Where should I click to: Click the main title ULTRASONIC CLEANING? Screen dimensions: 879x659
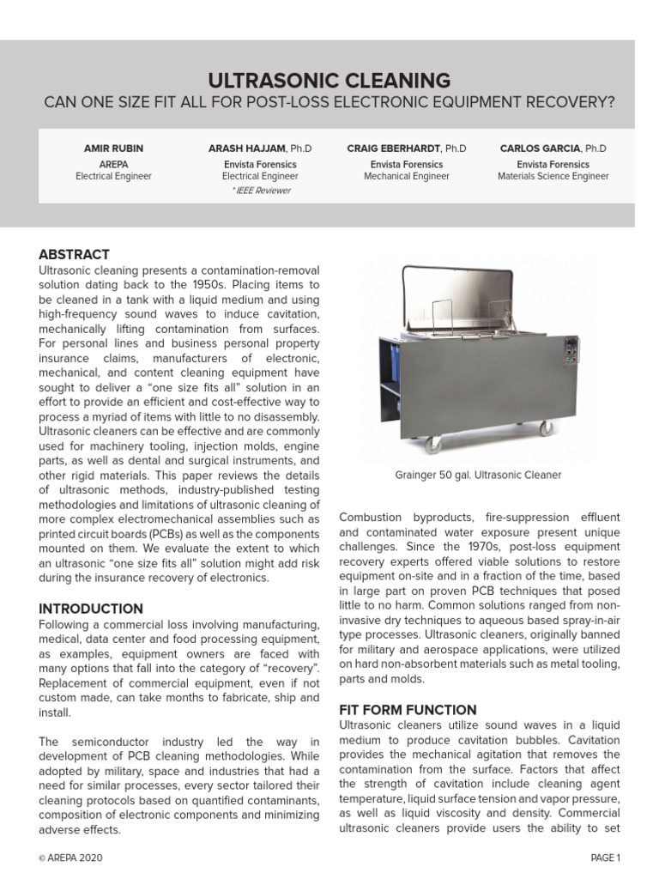[x=329, y=81]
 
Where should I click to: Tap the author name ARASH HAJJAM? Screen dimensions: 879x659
[x=247, y=149]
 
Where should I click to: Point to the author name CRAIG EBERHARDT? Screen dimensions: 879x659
[x=394, y=149]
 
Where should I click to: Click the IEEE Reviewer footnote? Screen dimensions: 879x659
[x=260, y=191]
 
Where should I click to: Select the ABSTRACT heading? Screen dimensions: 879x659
[x=74, y=254]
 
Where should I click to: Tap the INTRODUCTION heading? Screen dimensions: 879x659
[x=91, y=609]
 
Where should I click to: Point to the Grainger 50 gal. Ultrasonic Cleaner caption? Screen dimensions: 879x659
[x=478, y=474]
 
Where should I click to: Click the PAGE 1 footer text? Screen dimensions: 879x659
[x=605, y=857]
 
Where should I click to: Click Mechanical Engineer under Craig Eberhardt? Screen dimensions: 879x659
[x=407, y=176]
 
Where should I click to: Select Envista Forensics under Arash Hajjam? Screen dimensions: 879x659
[x=260, y=163]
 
